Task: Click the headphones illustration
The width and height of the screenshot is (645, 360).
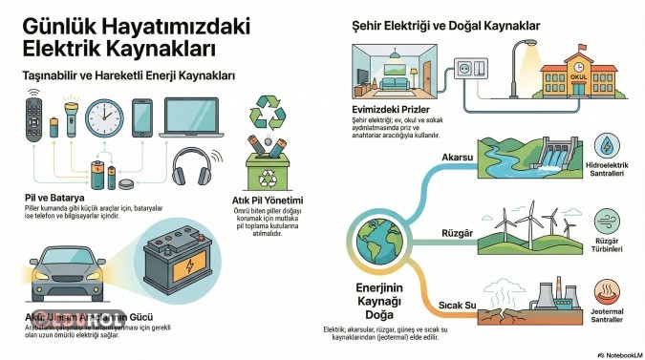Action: coord(191,166)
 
